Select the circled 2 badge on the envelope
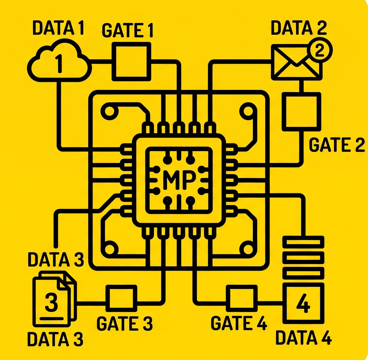click(x=319, y=50)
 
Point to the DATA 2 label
click(x=299, y=28)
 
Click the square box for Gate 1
click(x=132, y=62)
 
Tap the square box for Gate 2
click(x=301, y=112)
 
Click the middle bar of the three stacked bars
click(x=303, y=258)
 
